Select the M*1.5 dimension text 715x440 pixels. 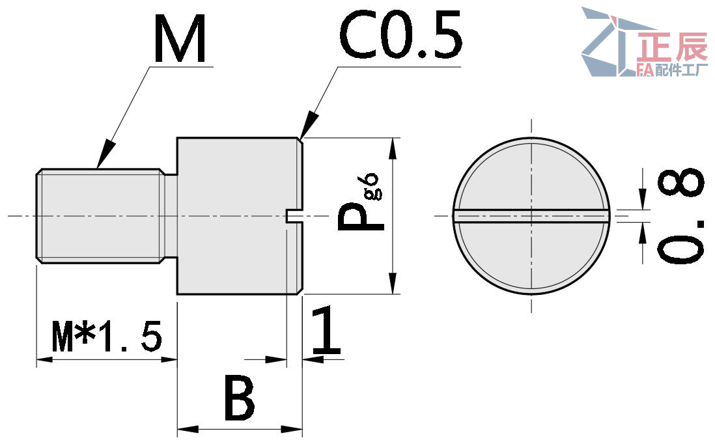pyautogui.click(x=107, y=337)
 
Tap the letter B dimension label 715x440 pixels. pyautogui.click(x=239, y=398)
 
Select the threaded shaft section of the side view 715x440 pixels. pyautogui.click(x=98, y=216)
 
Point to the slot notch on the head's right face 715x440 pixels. pyautogui.click(x=294, y=216)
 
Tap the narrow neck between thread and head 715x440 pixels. pyautogui.click(x=170, y=216)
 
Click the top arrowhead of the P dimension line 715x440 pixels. pyautogui.click(x=392, y=148)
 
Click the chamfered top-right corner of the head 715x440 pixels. pyautogui.click(x=301, y=140)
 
